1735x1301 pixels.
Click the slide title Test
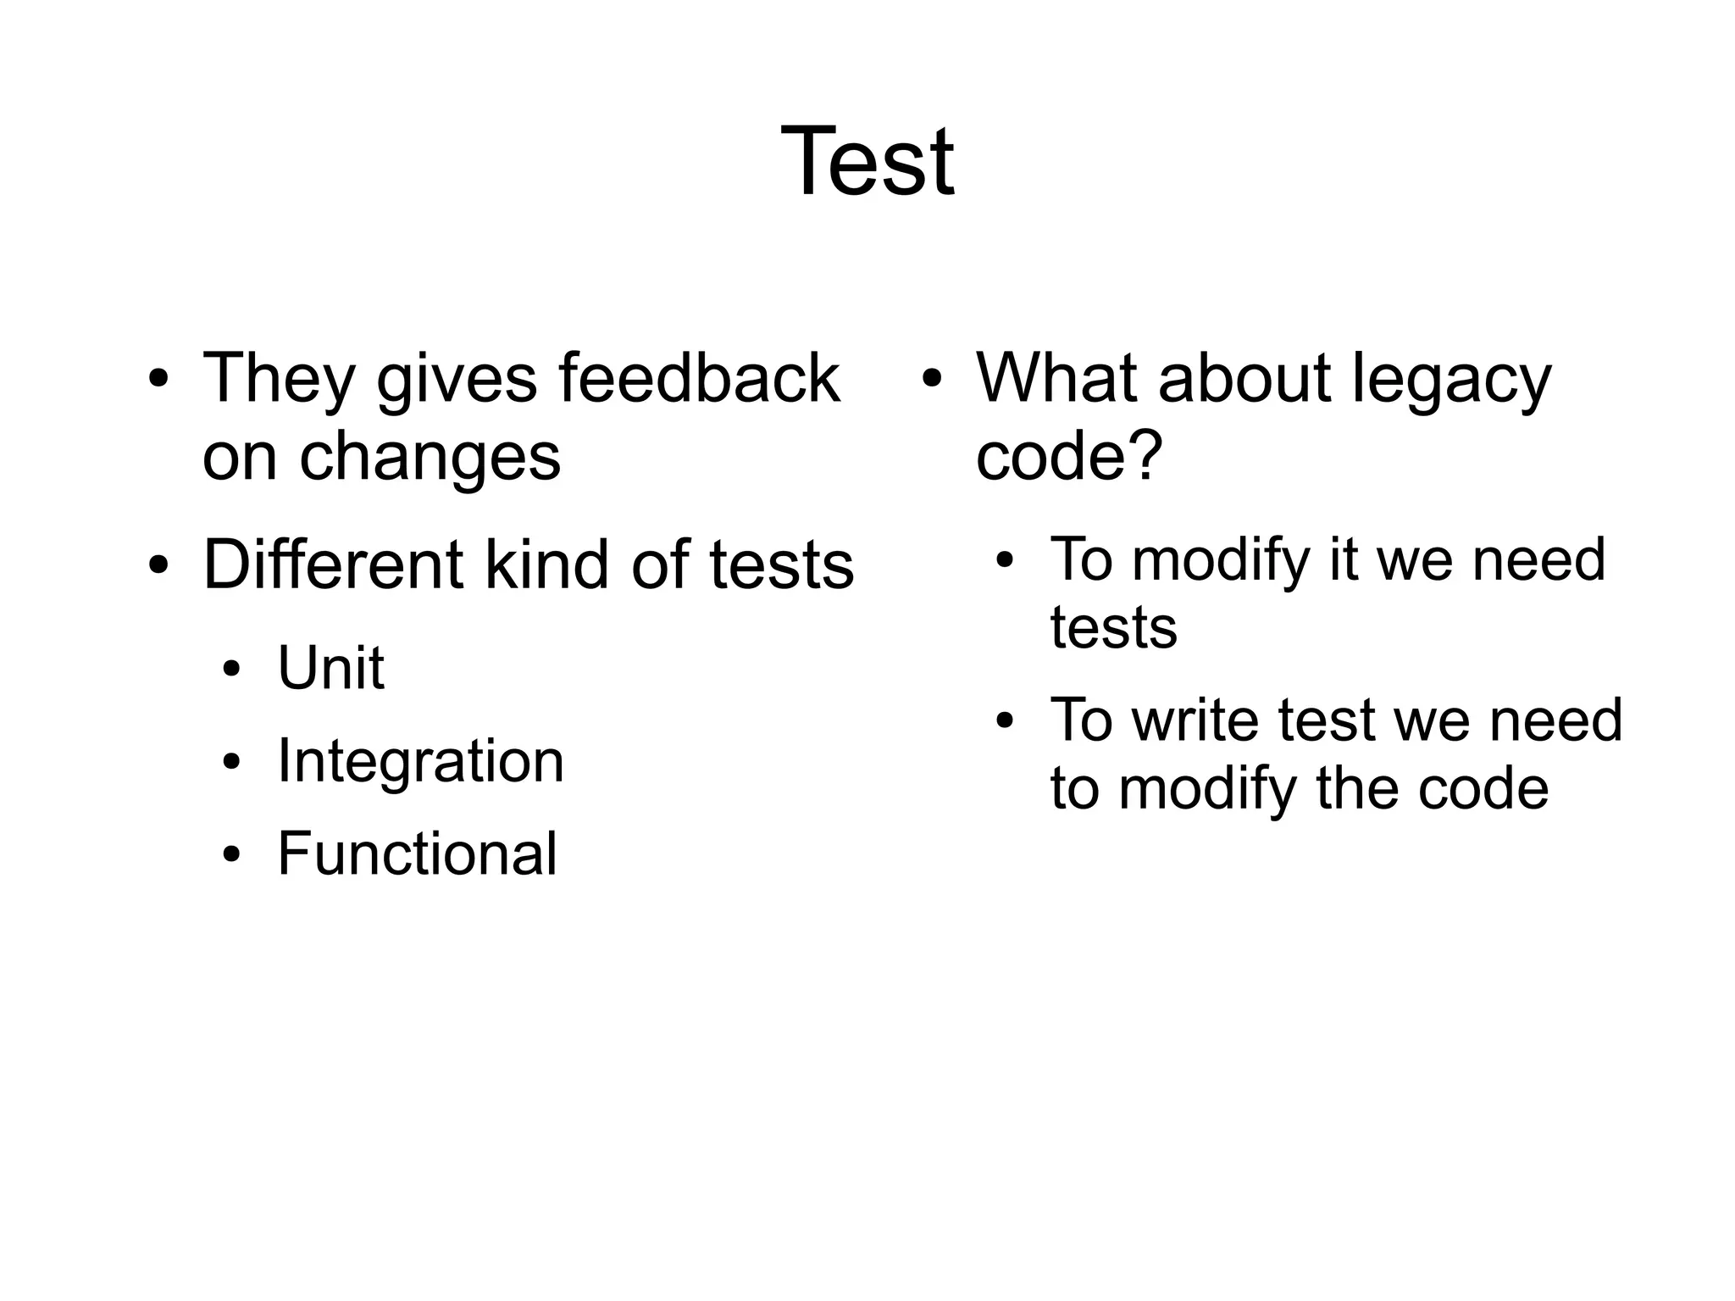(867, 162)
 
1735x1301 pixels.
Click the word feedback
(699, 378)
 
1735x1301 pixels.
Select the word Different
(332, 565)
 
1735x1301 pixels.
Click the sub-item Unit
(330, 669)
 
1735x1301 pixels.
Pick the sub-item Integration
(420, 761)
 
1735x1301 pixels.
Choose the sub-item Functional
(417, 853)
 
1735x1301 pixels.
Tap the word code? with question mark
(1069, 456)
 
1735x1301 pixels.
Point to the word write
(1198, 720)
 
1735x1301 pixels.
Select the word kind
(546, 565)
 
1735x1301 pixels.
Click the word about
(1244, 378)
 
